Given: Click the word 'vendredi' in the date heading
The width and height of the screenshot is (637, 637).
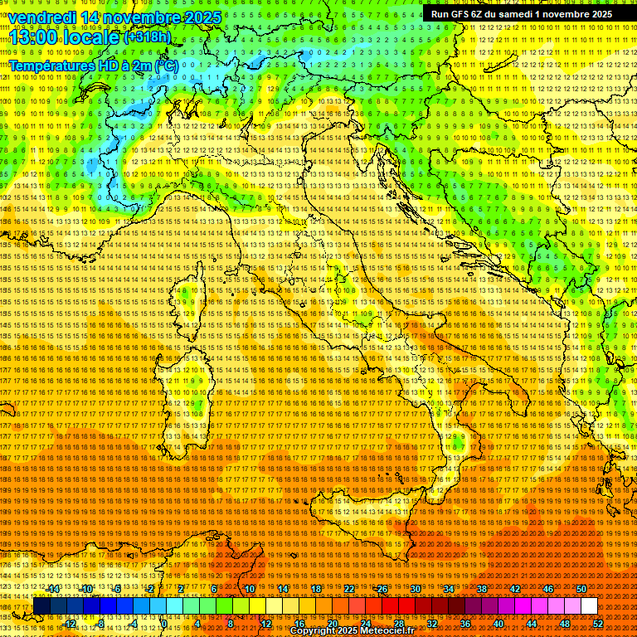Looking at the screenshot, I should click(42, 17).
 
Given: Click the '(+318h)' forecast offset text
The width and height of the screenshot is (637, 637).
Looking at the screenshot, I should click(148, 36).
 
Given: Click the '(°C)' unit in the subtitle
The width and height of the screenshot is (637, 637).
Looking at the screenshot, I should click(166, 65).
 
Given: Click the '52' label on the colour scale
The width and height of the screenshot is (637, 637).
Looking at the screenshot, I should click(597, 624).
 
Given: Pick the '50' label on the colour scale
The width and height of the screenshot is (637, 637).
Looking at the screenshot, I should click(581, 589).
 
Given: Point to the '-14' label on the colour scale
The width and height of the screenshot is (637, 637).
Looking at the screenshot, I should click(53, 589).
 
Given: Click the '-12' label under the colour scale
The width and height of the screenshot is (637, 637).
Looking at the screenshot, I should click(70, 624).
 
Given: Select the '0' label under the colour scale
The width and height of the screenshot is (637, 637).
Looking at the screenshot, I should click(164, 624).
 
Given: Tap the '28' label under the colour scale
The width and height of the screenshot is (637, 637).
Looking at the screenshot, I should click(398, 624).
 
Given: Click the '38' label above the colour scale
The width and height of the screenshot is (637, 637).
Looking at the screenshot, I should click(481, 589).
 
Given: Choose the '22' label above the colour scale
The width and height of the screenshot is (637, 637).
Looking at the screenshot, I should click(349, 589).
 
